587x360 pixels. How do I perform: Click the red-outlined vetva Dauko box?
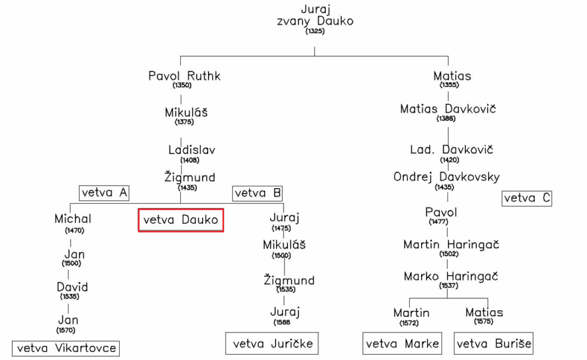tap(181, 220)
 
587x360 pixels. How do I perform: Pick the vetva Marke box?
tap(403, 344)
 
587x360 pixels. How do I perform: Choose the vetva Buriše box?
tap(494, 344)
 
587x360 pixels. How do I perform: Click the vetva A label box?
tap(104, 193)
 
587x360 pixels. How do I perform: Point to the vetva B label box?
tap(258, 193)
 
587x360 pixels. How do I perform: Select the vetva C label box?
tap(527, 198)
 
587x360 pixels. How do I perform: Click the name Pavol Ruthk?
tap(184, 76)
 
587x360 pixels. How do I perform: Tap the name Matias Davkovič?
tap(448, 109)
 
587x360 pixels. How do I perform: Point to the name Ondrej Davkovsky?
tap(446, 177)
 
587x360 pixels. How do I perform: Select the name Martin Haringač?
tap(451, 244)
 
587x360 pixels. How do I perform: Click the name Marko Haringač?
tap(451, 277)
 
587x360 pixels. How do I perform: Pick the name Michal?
tap(73, 219)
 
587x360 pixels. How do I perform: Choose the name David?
tap(72, 287)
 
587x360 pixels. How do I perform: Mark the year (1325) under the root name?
tap(314, 31)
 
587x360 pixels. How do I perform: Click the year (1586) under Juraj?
tap(283, 322)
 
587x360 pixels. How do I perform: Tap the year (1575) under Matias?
tap(483, 322)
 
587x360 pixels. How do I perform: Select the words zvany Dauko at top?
tap(315, 21)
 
